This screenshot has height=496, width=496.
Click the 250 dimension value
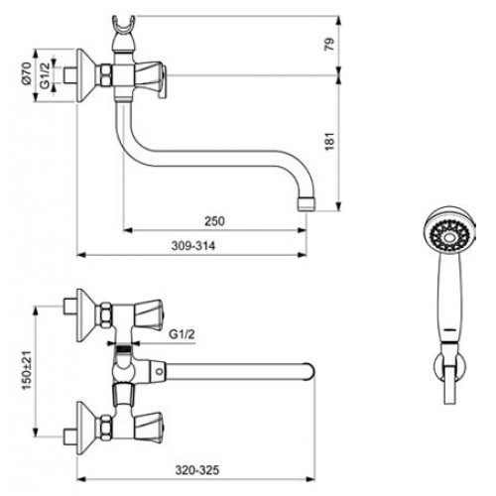click(x=214, y=221)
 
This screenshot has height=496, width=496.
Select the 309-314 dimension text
click(x=193, y=246)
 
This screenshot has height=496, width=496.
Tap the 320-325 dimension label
click(x=197, y=470)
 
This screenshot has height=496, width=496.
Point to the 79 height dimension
click(x=329, y=45)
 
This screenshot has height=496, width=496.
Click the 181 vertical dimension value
click(x=329, y=141)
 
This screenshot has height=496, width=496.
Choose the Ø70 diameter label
click(x=27, y=73)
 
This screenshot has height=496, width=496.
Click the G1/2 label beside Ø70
click(x=45, y=75)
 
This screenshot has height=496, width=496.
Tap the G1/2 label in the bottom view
click(x=182, y=334)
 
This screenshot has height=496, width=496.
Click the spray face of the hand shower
click(x=449, y=235)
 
